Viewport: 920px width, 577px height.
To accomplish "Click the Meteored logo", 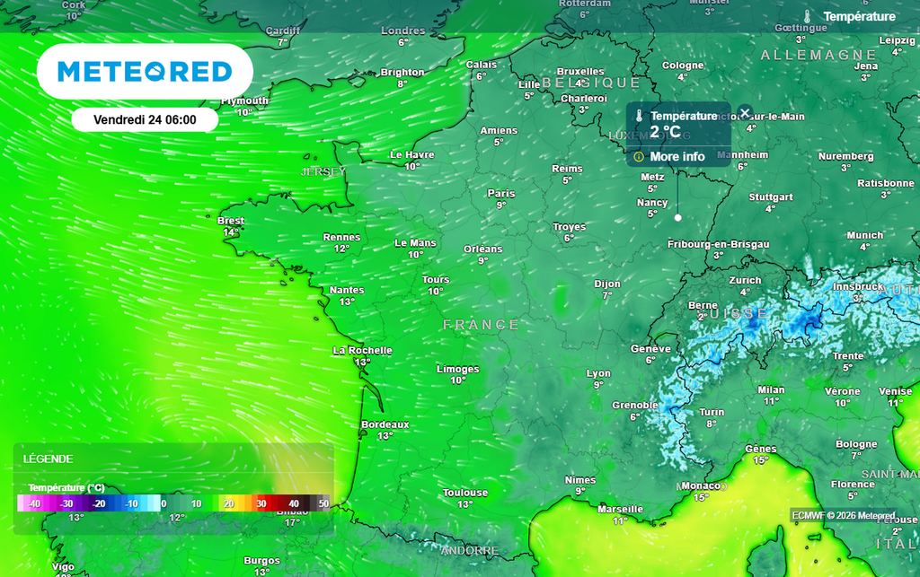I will [x=145, y=72].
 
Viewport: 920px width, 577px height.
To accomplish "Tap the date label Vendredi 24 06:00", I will [x=145, y=119].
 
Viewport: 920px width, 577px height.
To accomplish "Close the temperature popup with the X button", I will [x=745, y=112].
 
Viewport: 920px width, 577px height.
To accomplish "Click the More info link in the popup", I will [x=677, y=157].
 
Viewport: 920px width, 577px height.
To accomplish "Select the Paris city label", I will [x=501, y=193].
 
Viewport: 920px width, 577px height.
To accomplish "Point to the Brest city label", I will [x=231, y=221].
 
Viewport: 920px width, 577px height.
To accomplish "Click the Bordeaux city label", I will [x=385, y=424].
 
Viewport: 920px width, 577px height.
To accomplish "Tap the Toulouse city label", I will [x=465, y=493].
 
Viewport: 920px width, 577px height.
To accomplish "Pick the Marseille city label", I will [x=620, y=509].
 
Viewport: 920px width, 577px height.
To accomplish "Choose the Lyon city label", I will [x=598, y=373].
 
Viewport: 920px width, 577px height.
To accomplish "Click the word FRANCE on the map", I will [x=482, y=325].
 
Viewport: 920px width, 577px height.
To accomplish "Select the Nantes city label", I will [x=347, y=290].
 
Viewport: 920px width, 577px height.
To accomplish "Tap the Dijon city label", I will [x=607, y=284].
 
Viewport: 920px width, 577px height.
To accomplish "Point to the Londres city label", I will [x=402, y=31].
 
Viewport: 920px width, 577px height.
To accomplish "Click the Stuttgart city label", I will [x=770, y=197].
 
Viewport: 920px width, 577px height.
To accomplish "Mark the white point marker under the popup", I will [x=677, y=217].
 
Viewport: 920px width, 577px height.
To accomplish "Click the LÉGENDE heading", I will [x=49, y=459].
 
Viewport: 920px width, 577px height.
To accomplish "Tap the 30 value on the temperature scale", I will [x=261, y=504].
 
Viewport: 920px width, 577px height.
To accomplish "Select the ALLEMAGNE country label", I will [x=806, y=56].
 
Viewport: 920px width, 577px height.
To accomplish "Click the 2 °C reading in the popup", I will [x=666, y=132].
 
